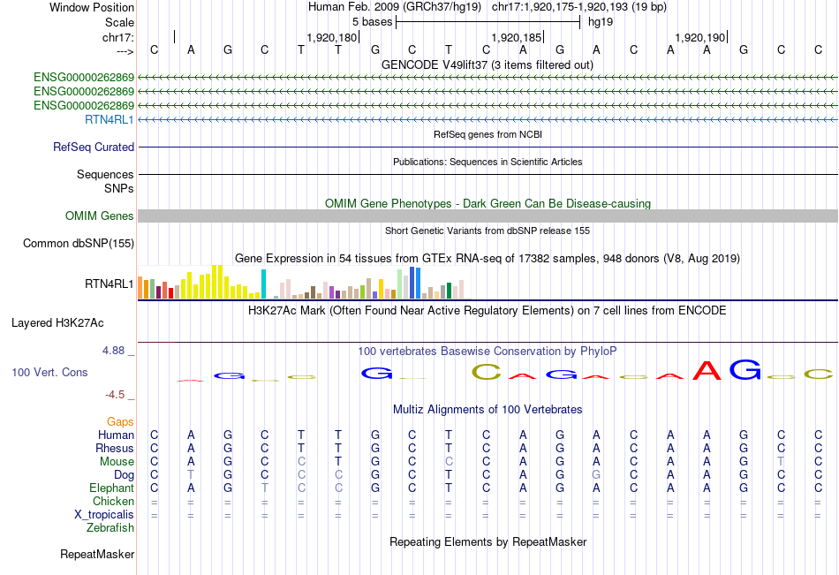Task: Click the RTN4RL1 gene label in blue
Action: (110, 119)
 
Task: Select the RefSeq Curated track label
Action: (94, 148)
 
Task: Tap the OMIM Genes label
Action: (100, 216)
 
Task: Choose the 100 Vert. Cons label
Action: (49, 373)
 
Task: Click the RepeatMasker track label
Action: (97, 555)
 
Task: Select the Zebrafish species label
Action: (110, 528)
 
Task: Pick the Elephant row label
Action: (111, 488)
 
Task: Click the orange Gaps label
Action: (120, 422)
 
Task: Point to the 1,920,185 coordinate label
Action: (516, 37)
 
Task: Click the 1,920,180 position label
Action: (332, 37)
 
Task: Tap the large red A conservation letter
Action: (708, 370)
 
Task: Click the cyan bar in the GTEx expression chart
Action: (264, 284)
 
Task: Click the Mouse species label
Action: (117, 462)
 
